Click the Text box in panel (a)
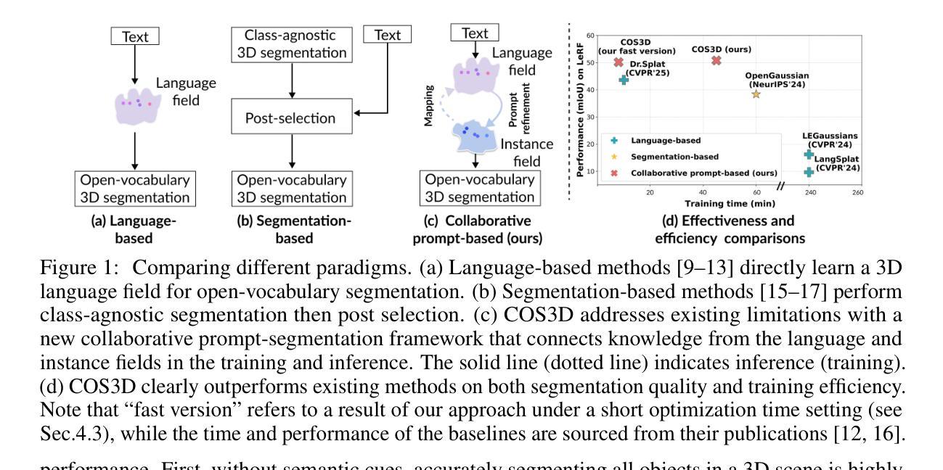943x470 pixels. click(135, 36)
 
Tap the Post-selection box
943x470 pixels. click(290, 117)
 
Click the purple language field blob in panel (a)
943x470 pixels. click(136, 104)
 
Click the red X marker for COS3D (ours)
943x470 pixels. click(717, 60)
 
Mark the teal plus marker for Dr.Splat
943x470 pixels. click(624, 79)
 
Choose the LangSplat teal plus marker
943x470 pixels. click(809, 172)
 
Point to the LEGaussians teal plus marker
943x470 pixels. click(809, 154)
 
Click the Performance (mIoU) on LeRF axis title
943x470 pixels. click(581, 108)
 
